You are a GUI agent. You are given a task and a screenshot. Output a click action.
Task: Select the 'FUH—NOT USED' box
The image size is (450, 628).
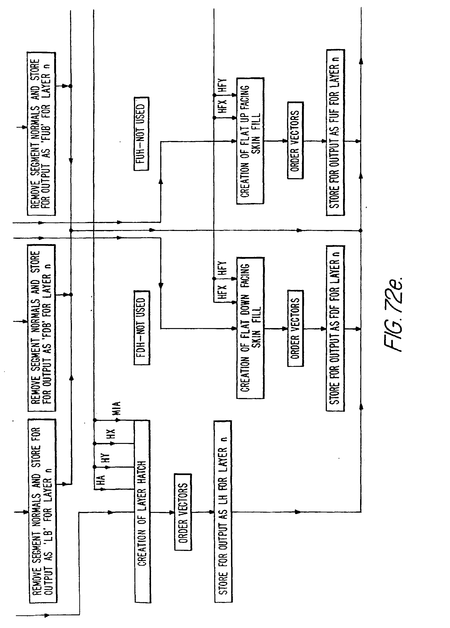(x=141, y=134)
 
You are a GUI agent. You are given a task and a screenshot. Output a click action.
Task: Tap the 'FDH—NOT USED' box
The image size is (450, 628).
(x=142, y=328)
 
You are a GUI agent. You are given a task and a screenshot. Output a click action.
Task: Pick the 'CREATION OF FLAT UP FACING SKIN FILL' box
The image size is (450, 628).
(x=250, y=141)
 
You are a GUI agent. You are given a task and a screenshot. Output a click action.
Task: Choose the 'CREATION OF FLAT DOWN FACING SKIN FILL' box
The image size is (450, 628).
(x=250, y=328)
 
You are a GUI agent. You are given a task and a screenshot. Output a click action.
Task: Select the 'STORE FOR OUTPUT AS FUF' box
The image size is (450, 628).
(x=335, y=133)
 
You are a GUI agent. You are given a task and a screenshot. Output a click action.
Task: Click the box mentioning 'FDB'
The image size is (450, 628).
(x=41, y=328)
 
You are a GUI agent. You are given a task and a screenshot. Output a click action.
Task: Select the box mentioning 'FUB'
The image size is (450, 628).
(x=41, y=134)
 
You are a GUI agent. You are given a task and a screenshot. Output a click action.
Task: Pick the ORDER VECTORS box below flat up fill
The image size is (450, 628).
(x=295, y=140)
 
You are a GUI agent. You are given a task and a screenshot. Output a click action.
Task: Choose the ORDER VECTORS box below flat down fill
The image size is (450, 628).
(x=296, y=328)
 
